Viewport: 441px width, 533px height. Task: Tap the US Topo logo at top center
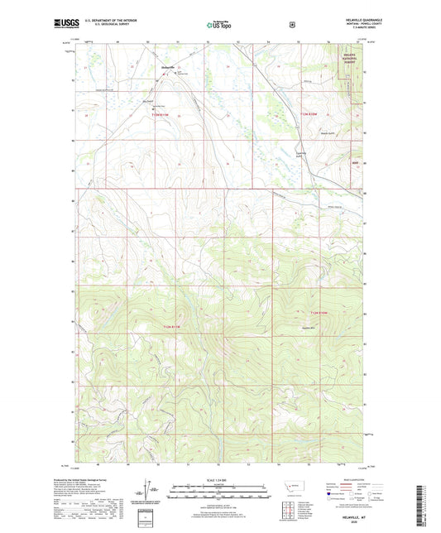tap(219, 26)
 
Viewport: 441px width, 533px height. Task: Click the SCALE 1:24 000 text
tap(219, 479)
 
